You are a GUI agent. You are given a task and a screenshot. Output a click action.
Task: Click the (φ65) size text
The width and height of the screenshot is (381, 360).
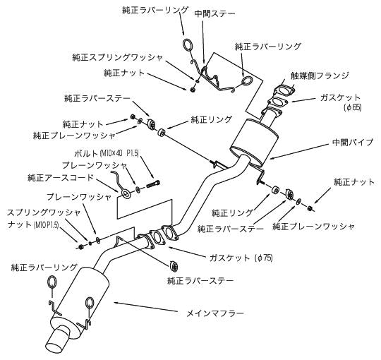pos(352,108)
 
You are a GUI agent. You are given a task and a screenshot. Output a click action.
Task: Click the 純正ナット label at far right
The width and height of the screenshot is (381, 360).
pos(354,182)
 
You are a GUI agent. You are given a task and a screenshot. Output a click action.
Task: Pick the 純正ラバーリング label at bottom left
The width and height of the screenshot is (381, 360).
pos(44,268)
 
